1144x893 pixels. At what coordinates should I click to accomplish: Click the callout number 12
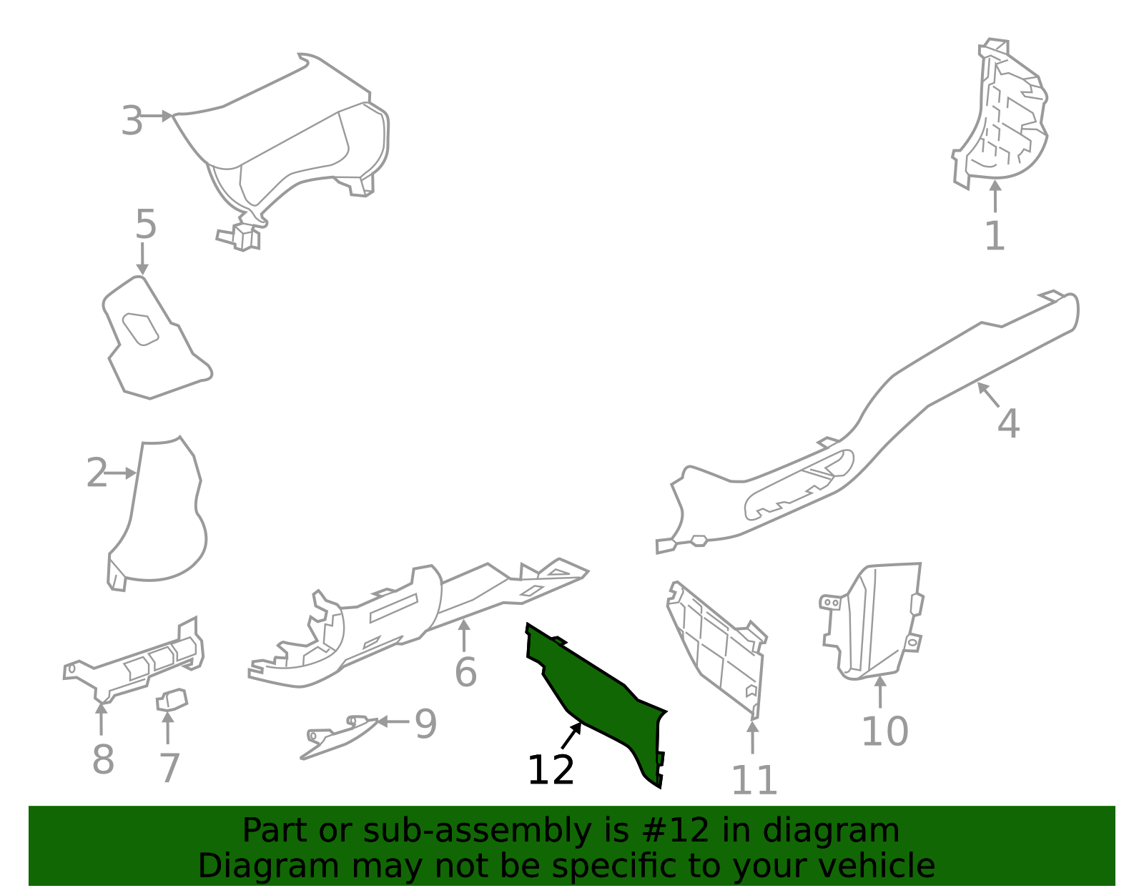click(x=550, y=770)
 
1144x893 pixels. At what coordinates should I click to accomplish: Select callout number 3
click(x=132, y=121)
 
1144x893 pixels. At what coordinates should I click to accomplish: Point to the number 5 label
click(x=146, y=224)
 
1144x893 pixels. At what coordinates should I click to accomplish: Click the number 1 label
click(x=995, y=236)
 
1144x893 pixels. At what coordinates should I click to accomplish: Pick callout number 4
click(x=1008, y=423)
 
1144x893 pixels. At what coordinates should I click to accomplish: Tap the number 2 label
click(x=97, y=473)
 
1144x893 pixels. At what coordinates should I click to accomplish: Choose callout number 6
click(x=466, y=672)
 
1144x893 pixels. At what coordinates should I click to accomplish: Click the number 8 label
click(x=103, y=759)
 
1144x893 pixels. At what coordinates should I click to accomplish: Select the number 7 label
click(x=169, y=768)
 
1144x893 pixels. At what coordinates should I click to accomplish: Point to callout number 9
click(x=426, y=724)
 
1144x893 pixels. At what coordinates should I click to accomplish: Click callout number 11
click(x=754, y=780)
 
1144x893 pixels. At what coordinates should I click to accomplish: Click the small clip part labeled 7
click(x=172, y=700)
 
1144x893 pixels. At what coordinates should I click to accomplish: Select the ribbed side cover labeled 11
click(x=717, y=650)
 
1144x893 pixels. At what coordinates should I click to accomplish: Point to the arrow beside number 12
click(x=571, y=735)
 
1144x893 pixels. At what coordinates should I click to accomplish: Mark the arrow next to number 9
click(x=393, y=721)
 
